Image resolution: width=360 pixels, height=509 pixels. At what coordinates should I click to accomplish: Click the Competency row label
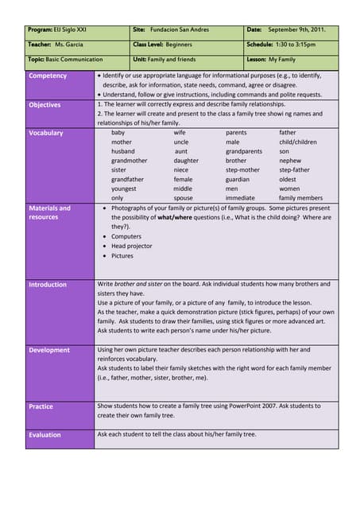[x=48, y=76]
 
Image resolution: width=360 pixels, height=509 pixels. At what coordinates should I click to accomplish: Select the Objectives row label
[x=45, y=104]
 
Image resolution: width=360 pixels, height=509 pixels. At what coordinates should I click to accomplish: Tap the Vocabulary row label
[x=45, y=133]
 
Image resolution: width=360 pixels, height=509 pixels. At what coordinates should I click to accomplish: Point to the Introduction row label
[x=48, y=284]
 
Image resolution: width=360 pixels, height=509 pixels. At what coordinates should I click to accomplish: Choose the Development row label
[x=49, y=350]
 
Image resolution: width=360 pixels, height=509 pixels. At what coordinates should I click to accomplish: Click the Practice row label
[x=41, y=406]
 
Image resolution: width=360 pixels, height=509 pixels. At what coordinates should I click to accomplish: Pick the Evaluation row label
[x=45, y=435]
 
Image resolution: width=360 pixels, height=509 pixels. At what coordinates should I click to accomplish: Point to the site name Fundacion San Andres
[x=182, y=29]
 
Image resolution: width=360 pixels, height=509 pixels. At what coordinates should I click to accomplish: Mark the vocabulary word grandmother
[x=129, y=161]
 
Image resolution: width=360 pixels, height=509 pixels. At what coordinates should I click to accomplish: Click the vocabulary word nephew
[x=290, y=161]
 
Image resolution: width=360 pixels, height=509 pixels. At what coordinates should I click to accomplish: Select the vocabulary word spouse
[x=183, y=198]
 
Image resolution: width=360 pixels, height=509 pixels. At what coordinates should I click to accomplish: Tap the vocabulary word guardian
[x=238, y=180]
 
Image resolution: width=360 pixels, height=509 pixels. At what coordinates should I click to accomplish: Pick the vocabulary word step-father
[x=294, y=170]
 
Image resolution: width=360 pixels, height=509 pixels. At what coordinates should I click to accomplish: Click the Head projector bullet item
[x=133, y=246]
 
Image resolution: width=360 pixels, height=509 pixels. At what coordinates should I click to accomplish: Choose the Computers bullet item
[x=126, y=236]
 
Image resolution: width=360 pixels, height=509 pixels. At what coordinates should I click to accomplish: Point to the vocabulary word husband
[x=123, y=151]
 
